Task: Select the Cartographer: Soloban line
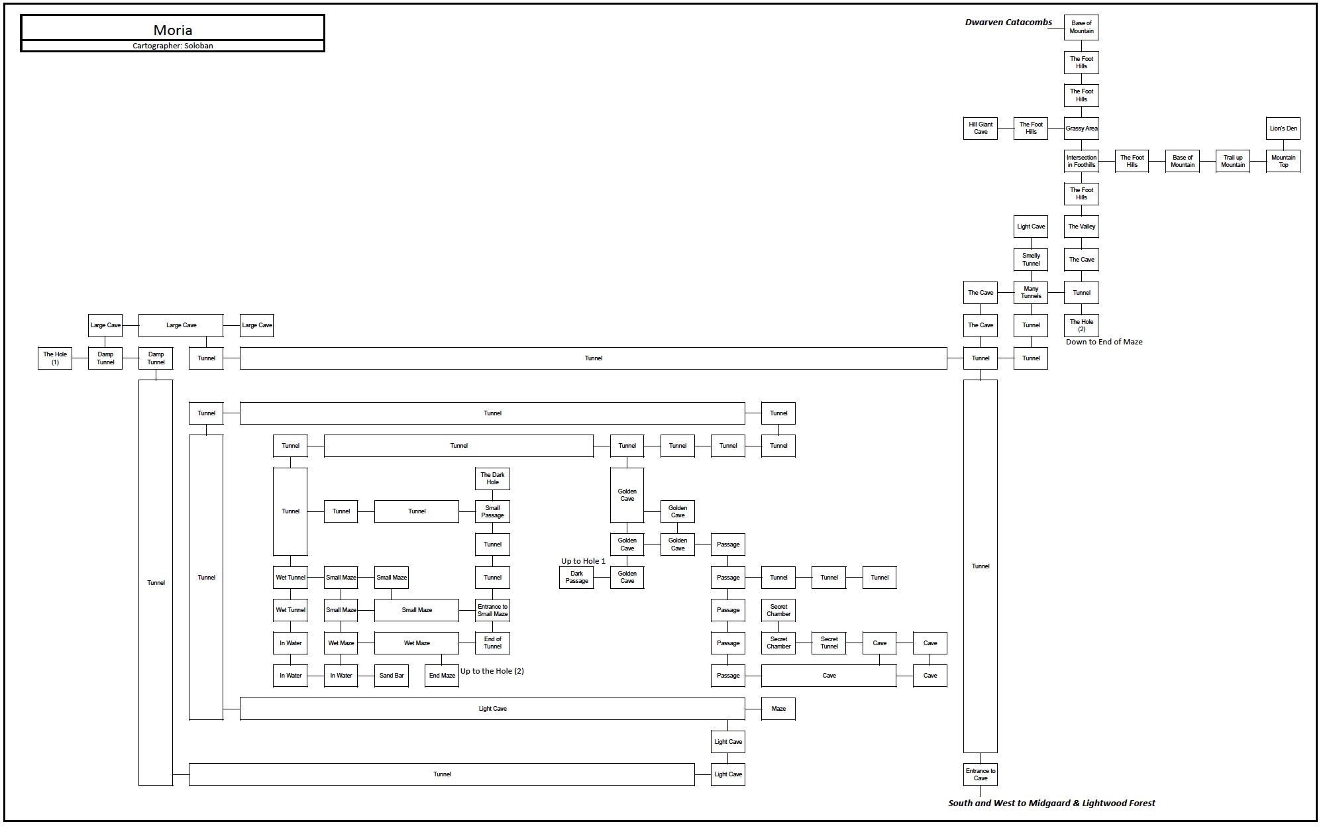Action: pyautogui.click(x=172, y=46)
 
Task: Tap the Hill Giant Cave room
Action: pyautogui.click(x=981, y=129)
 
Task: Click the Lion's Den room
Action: pyautogui.click(x=1283, y=129)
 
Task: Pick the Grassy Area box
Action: pyautogui.click(x=1081, y=129)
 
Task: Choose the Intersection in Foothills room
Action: pyautogui.click(x=1081, y=161)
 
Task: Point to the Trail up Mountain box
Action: pyautogui.click(x=1233, y=161)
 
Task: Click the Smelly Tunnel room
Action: pyautogui.click(x=1031, y=260)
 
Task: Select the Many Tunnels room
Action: pyautogui.click(x=1031, y=292)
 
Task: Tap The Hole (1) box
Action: pyautogui.click(x=55, y=358)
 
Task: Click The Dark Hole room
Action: pyautogui.click(x=492, y=478)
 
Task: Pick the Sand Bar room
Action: pyautogui.click(x=392, y=676)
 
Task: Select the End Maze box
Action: pyautogui.click(x=442, y=676)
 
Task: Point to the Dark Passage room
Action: pyautogui.click(x=576, y=577)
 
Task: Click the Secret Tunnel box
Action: pyautogui.click(x=829, y=643)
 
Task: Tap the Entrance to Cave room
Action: pyautogui.click(x=981, y=774)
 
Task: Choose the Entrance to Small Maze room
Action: pyautogui.click(x=492, y=610)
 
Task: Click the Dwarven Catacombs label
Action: pyautogui.click(x=1008, y=23)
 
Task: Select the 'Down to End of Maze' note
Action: pyautogui.click(x=1104, y=342)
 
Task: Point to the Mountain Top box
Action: pyautogui.click(x=1283, y=161)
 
